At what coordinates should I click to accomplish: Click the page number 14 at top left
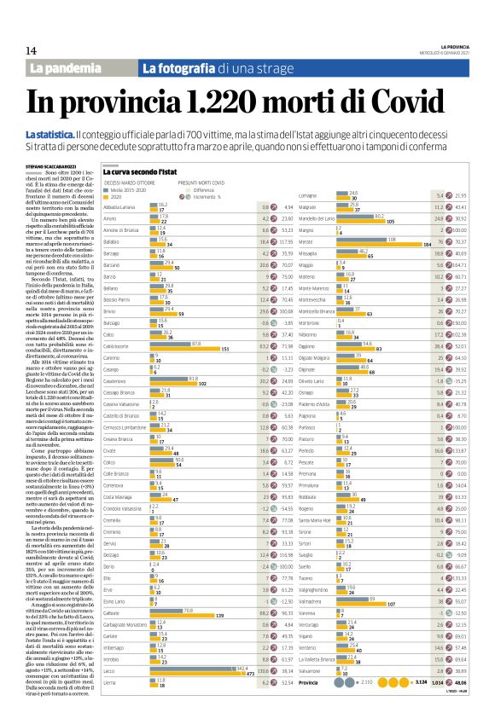click(x=31, y=50)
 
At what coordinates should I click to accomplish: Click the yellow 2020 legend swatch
click(x=108, y=195)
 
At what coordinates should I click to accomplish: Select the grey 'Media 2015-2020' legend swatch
click(x=108, y=189)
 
